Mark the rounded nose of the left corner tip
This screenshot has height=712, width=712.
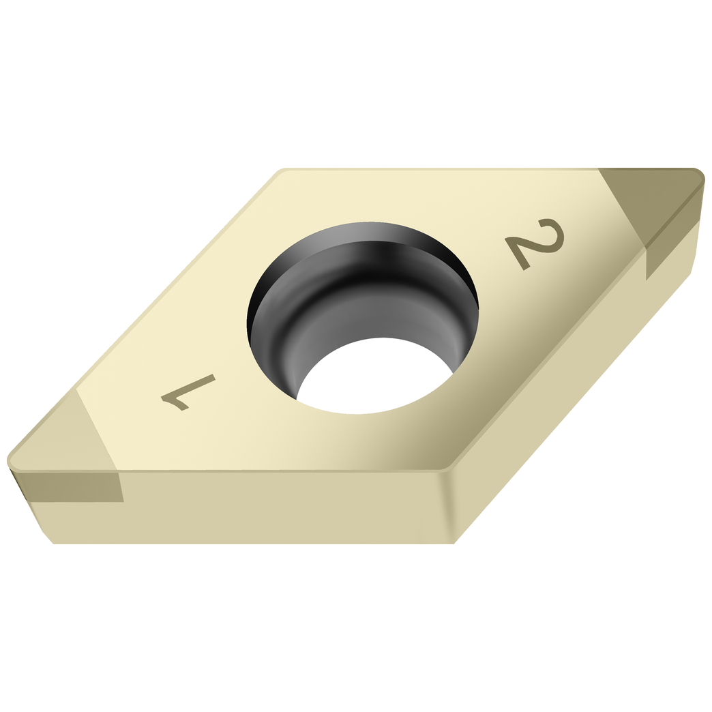(x=12, y=460)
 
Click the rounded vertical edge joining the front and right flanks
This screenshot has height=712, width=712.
(x=450, y=505)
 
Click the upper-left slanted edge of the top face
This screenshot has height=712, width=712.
(x=177, y=280)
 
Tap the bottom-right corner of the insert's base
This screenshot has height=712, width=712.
(x=454, y=543)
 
